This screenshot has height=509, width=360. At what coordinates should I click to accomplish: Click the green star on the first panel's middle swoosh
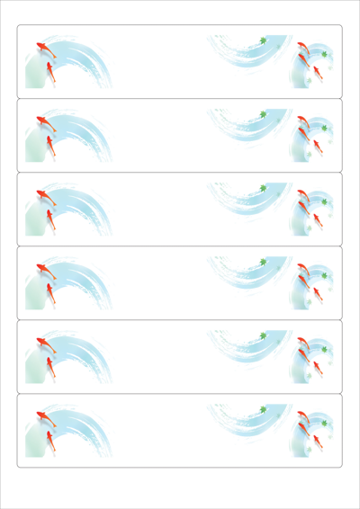click(263, 40)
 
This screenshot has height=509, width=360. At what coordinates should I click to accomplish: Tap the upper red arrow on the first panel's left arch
click(41, 46)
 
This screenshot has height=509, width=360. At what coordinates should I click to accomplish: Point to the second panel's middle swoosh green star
click(263, 113)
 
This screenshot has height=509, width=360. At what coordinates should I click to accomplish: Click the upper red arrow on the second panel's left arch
click(41, 120)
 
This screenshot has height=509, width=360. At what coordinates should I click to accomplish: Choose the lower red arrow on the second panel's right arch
click(316, 144)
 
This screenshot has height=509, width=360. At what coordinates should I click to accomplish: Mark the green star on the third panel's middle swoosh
click(263, 187)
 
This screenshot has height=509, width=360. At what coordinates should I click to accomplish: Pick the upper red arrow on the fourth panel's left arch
click(41, 267)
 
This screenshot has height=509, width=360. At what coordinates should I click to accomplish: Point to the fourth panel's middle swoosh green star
click(263, 261)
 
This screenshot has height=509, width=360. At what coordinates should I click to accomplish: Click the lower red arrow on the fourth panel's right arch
click(316, 291)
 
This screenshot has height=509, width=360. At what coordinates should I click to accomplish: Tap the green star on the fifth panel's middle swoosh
click(263, 335)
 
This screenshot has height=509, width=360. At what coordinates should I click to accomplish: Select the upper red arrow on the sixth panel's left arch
click(41, 415)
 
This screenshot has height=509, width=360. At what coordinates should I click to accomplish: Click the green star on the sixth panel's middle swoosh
click(263, 408)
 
